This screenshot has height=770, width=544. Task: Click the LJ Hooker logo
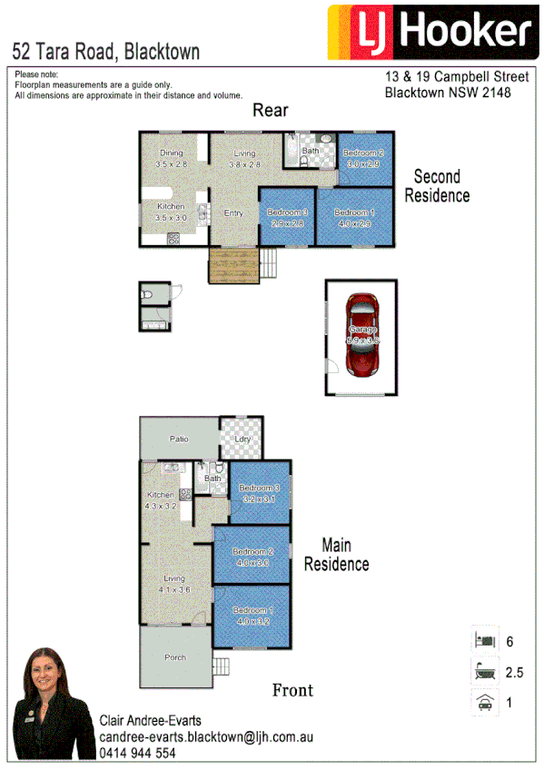tap(430, 34)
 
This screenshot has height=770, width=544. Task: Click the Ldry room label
tap(242, 439)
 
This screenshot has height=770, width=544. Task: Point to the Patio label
tap(178, 439)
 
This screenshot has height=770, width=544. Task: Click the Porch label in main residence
tap(175, 657)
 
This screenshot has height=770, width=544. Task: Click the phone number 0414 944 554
tap(137, 753)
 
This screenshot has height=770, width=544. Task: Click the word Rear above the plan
tap(270, 111)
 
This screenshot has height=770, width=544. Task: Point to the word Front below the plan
tap(292, 690)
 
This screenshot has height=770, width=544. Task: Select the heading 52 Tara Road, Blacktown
tap(105, 51)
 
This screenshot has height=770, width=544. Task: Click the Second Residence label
tap(437, 186)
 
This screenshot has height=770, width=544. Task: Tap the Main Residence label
tap(336, 555)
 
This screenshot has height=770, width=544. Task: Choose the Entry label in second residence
tap(233, 212)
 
